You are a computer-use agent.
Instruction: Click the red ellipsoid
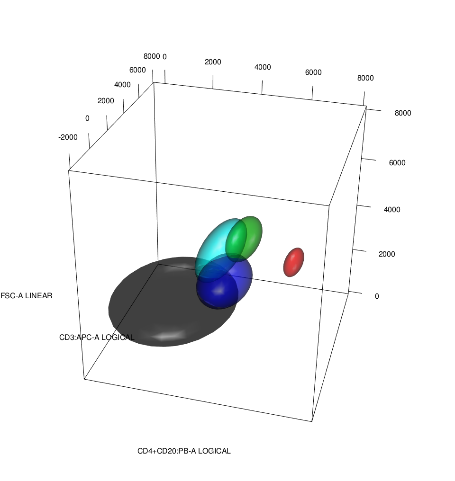(x=294, y=262)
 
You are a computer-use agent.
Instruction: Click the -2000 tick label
(x=68, y=137)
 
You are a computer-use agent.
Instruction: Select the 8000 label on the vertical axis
(x=403, y=113)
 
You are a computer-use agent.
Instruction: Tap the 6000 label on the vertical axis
(x=397, y=163)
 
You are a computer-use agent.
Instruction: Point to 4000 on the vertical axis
(x=392, y=209)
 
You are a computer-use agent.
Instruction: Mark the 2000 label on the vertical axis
(x=387, y=254)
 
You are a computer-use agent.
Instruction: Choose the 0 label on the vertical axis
(x=377, y=296)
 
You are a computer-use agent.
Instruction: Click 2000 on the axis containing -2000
(x=106, y=101)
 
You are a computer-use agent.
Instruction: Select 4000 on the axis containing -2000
(x=122, y=85)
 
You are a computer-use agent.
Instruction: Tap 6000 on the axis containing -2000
(x=137, y=70)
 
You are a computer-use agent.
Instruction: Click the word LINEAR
(x=38, y=296)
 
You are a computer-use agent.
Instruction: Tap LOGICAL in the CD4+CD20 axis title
(x=214, y=451)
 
